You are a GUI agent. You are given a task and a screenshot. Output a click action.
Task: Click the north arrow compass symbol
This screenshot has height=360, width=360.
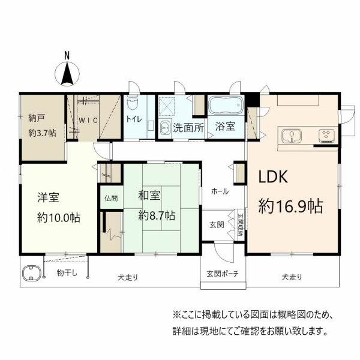pyautogui.click(x=67, y=74)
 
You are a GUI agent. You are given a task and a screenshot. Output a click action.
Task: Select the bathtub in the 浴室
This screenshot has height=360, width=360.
pyautogui.click(x=226, y=105)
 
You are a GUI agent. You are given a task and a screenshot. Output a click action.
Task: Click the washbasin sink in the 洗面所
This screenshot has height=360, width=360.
pyautogui.click(x=166, y=127)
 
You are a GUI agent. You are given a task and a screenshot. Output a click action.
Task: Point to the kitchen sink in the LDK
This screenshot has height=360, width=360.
pyautogui.click(x=292, y=136)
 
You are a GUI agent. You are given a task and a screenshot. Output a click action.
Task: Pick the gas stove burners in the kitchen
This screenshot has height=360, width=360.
pyautogui.click(x=326, y=136)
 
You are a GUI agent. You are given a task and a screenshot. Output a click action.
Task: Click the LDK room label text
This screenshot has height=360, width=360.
pyautogui.click(x=273, y=176)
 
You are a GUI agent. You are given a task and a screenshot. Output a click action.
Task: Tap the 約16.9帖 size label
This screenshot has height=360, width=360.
pyautogui.click(x=290, y=206)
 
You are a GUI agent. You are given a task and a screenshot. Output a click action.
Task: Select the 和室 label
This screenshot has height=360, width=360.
pyautogui.click(x=149, y=195)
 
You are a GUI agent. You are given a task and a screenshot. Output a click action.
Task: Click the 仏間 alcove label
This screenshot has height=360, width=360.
pyautogui.click(x=111, y=198)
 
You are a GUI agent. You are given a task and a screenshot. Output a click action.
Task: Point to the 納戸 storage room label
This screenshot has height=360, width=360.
pyautogui.click(x=37, y=118)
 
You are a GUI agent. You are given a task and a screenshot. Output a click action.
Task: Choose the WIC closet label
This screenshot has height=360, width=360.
pyautogui.click(x=88, y=121)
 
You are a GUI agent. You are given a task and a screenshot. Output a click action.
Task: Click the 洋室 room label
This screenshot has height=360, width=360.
pyautogui.click(x=49, y=197)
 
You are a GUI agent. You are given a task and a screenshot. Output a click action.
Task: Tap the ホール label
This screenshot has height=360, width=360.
pyautogui.click(x=220, y=191)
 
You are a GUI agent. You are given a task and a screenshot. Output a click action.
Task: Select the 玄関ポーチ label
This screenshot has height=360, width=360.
pyautogui.click(x=223, y=274)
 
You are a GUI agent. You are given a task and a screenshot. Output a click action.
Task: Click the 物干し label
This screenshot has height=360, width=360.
pyautogui.click(x=67, y=273)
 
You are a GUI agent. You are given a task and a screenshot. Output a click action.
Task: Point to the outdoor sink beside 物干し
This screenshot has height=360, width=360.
pyautogui.click(x=31, y=273)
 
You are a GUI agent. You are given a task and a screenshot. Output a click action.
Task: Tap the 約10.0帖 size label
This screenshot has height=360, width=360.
pyautogui.click(x=59, y=217)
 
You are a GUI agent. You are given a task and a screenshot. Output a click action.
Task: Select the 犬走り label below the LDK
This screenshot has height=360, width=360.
pyautogui.click(x=292, y=277)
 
